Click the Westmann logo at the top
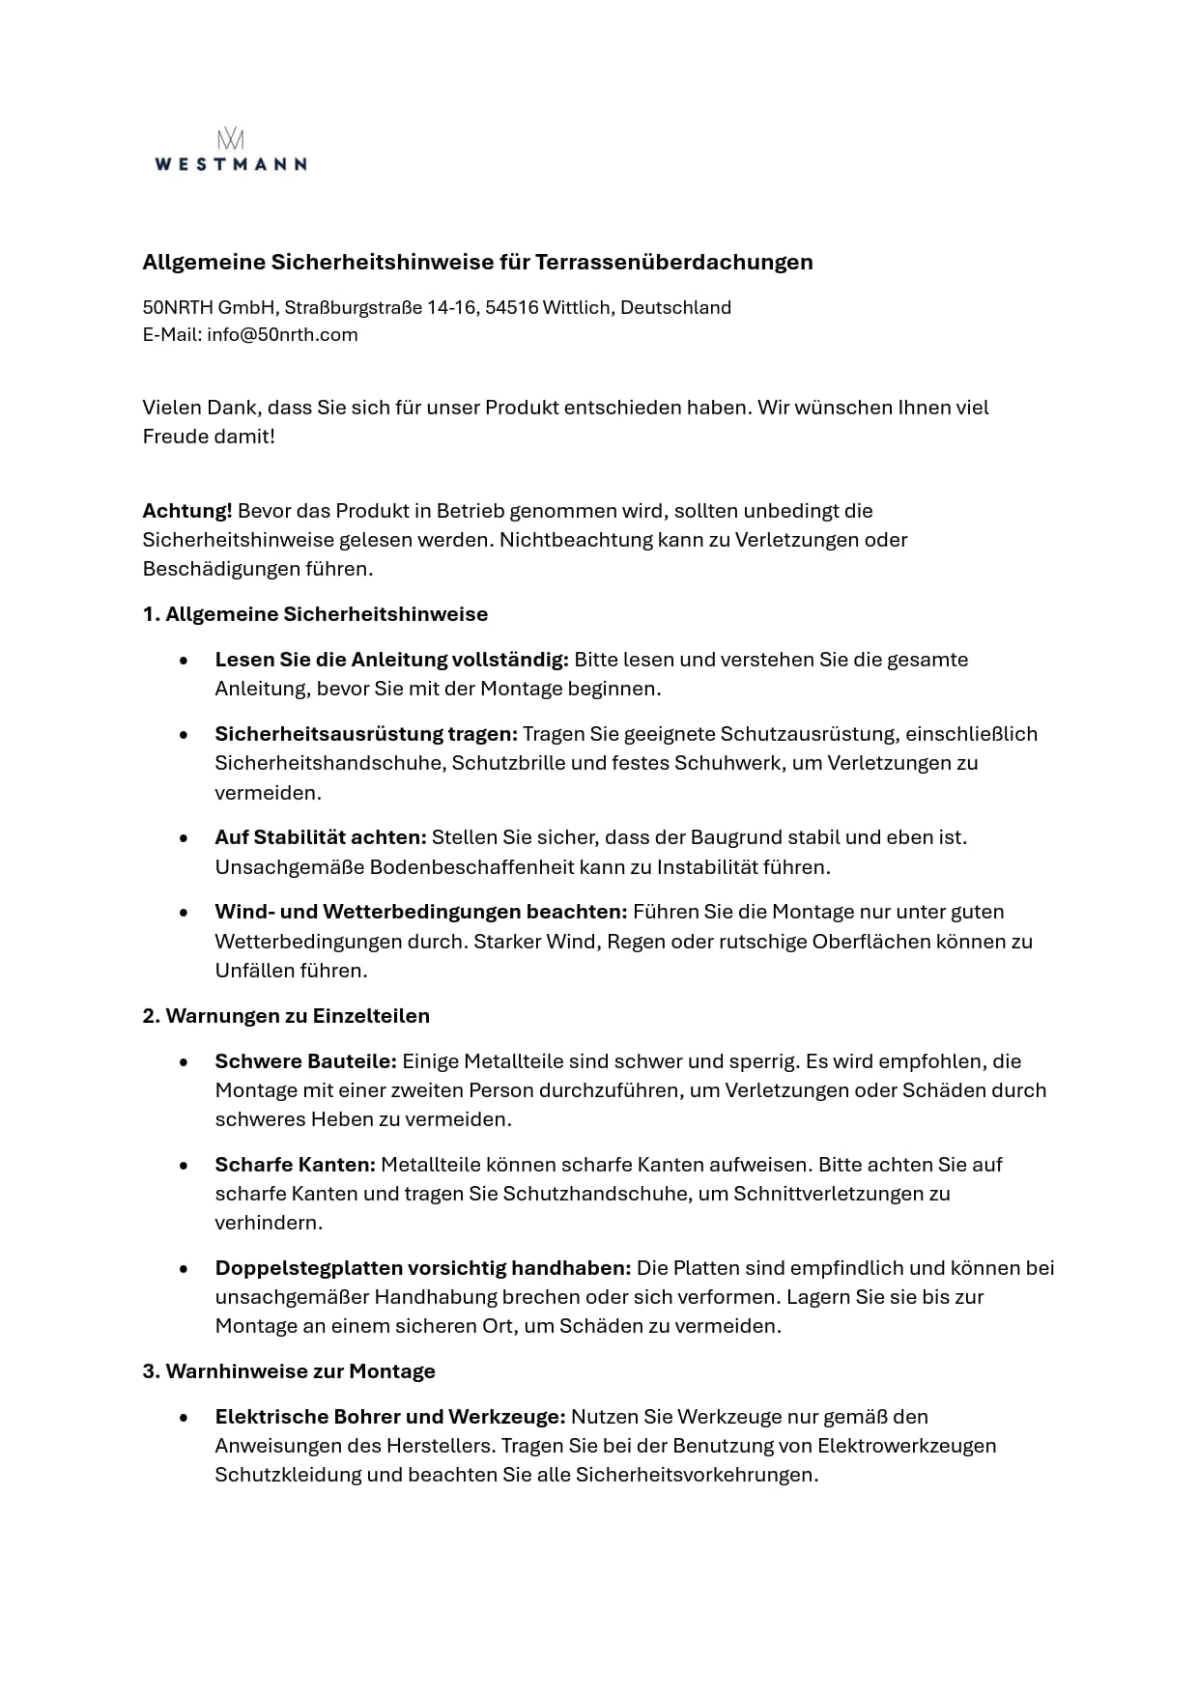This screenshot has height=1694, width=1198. (x=230, y=150)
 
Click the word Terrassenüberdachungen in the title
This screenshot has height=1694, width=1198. (x=674, y=262)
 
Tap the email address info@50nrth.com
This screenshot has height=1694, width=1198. (x=282, y=335)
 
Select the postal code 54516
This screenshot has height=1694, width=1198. (x=511, y=308)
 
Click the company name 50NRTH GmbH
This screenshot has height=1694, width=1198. (x=209, y=308)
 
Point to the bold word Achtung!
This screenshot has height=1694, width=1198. (x=186, y=511)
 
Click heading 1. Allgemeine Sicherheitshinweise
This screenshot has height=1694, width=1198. (x=315, y=614)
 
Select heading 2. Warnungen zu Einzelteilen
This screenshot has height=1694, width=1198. (x=286, y=1016)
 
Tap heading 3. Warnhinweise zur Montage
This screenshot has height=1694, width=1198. (x=289, y=1371)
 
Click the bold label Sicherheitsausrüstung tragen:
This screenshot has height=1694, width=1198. (x=366, y=734)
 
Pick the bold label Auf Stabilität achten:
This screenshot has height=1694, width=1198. (x=321, y=837)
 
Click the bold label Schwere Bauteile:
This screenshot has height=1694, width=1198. (x=305, y=1061)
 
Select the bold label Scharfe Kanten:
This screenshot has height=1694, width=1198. (x=295, y=1165)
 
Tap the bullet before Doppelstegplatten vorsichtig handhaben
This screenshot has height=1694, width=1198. (x=184, y=1268)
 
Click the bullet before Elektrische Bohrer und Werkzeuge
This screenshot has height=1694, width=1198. (x=184, y=1417)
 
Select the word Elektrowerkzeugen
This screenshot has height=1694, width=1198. (x=906, y=1446)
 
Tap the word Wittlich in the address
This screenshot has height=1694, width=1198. (x=577, y=308)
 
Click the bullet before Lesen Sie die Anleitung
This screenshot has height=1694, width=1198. (x=184, y=660)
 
